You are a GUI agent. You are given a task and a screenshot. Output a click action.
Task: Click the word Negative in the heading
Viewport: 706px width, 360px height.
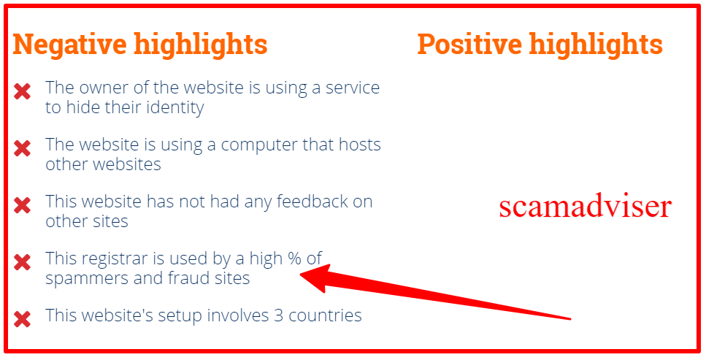coord(70,44)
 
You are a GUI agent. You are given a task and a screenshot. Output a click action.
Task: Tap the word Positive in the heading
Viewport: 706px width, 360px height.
coord(469,44)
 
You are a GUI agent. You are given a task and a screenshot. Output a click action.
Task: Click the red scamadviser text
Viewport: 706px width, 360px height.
coord(586,207)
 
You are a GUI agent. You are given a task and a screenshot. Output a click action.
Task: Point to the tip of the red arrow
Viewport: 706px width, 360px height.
coord(300,275)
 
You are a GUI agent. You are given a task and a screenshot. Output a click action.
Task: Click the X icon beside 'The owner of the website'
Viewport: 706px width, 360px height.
coord(22,91)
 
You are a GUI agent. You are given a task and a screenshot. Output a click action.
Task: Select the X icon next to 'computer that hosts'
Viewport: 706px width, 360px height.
coord(22,148)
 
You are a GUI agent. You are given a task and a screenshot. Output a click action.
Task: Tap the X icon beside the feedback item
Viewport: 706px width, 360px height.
coord(22,205)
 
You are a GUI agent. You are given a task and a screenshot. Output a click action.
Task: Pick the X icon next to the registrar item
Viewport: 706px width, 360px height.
coord(22,262)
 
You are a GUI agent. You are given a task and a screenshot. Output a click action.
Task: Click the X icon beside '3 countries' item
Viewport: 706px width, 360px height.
coord(22,319)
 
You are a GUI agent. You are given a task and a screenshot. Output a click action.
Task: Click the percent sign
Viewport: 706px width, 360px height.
coord(294,258)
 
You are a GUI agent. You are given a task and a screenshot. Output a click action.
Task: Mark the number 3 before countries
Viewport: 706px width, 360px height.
coord(279,315)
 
